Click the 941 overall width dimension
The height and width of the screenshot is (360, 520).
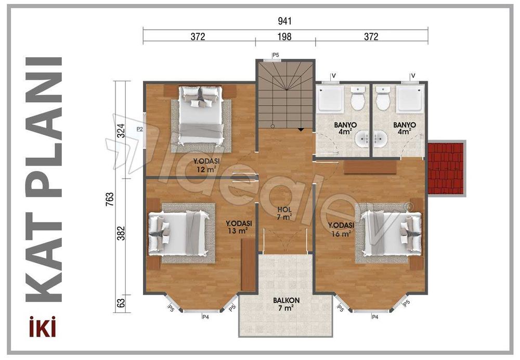pyautogui.click(x=285, y=21)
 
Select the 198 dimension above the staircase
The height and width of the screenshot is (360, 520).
pyautogui.click(x=285, y=37)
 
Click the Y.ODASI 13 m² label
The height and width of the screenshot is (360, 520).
pyautogui.click(x=237, y=227)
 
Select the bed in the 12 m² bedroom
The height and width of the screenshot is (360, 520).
pyautogui.click(x=201, y=115)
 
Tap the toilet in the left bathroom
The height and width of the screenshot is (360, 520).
pyautogui.click(x=357, y=99)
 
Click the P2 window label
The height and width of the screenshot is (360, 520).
pyautogui.click(x=139, y=128)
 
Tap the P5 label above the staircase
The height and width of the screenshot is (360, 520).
pyautogui.click(x=276, y=55)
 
